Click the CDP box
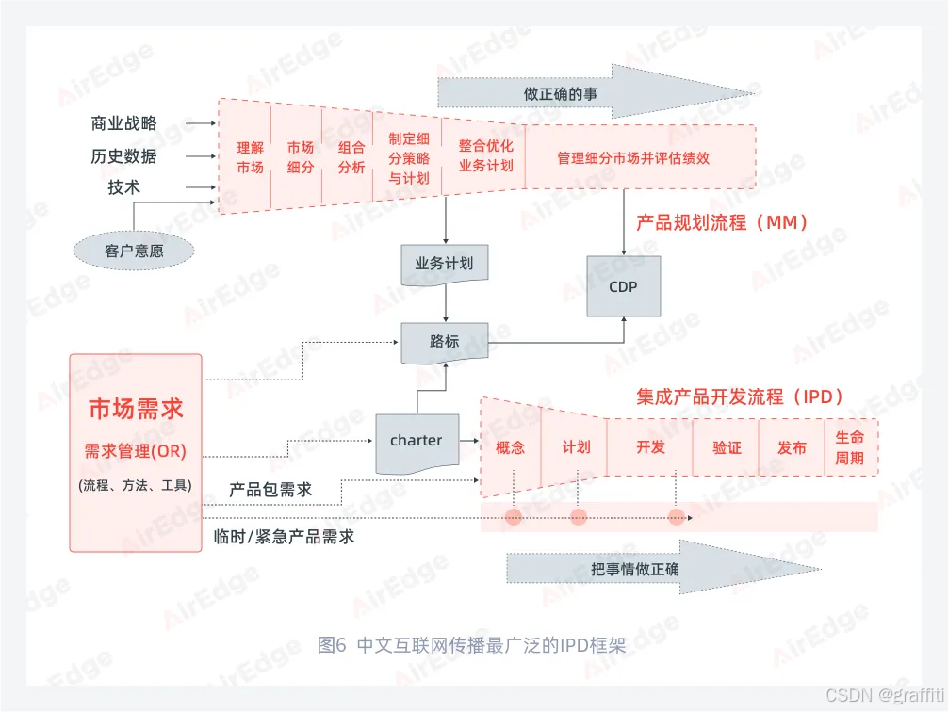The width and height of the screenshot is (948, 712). click(x=623, y=285)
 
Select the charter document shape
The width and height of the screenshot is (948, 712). click(x=417, y=441)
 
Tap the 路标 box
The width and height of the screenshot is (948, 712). click(x=445, y=343)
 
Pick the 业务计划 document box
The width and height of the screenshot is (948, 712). click(x=445, y=265)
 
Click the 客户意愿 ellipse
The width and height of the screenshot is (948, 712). click(x=134, y=251)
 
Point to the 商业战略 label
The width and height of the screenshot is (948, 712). click(x=124, y=123)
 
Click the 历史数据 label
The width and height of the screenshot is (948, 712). click(x=124, y=156)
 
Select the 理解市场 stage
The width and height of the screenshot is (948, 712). click(x=250, y=157)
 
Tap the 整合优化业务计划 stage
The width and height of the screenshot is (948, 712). click(x=485, y=156)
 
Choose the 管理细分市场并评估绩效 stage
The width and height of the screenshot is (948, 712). click(x=633, y=157)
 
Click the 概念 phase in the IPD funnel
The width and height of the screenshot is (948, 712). click(x=510, y=447)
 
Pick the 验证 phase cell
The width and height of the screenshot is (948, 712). click(x=727, y=447)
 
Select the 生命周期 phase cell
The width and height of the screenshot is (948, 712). click(x=849, y=447)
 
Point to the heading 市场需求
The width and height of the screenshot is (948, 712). click(x=136, y=409)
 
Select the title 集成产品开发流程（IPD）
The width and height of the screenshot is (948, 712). click(x=740, y=396)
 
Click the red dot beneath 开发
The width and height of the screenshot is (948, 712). click(x=677, y=517)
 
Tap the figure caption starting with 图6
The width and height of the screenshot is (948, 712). click(x=472, y=646)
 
